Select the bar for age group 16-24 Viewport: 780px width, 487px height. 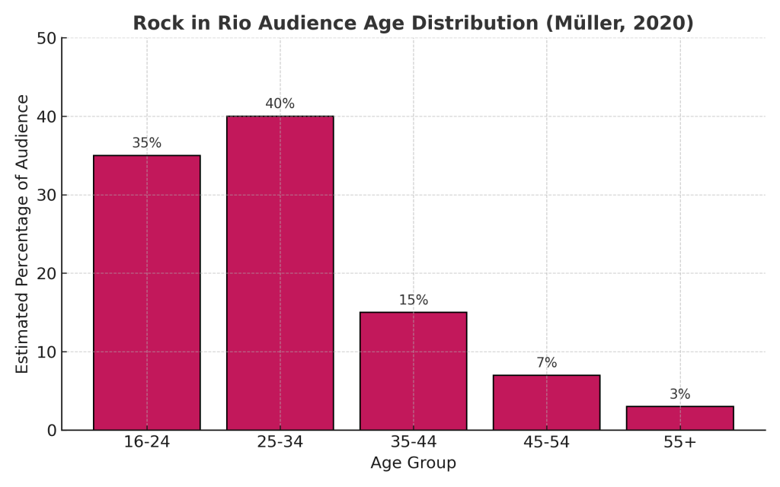click(x=146, y=292)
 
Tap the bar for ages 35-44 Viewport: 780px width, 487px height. click(x=413, y=371)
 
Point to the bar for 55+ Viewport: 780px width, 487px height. click(x=679, y=418)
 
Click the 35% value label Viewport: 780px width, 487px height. click(x=146, y=143)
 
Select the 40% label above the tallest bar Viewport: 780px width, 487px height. click(x=280, y=103)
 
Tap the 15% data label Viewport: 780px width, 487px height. click(x=413, y=300)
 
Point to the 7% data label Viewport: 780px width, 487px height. click(x=546, y=363)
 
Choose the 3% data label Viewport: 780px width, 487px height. click(x=679, y=394)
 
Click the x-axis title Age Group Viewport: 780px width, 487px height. click(x=413, y=463)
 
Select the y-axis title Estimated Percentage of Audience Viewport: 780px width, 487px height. click(x=23, y=234)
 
